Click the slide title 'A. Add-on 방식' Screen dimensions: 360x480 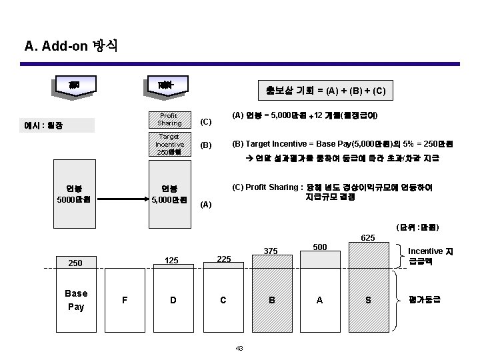point(71,46)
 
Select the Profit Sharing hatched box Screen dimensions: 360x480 point(169,119)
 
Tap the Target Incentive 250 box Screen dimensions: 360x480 point(169,144)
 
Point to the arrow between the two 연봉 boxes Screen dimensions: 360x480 point(126,197)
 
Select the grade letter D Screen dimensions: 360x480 point(173,300)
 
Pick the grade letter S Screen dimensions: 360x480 point(368,300)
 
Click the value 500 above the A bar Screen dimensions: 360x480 point(321,247)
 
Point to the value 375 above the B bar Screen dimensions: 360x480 point(271,251)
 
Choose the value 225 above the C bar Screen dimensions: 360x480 point(224,259)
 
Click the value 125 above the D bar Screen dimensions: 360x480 point(173,261)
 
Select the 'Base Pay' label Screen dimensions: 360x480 point(76,300)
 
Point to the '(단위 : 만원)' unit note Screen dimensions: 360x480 point(417,227)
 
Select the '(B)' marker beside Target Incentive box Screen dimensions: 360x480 point(206,144)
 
